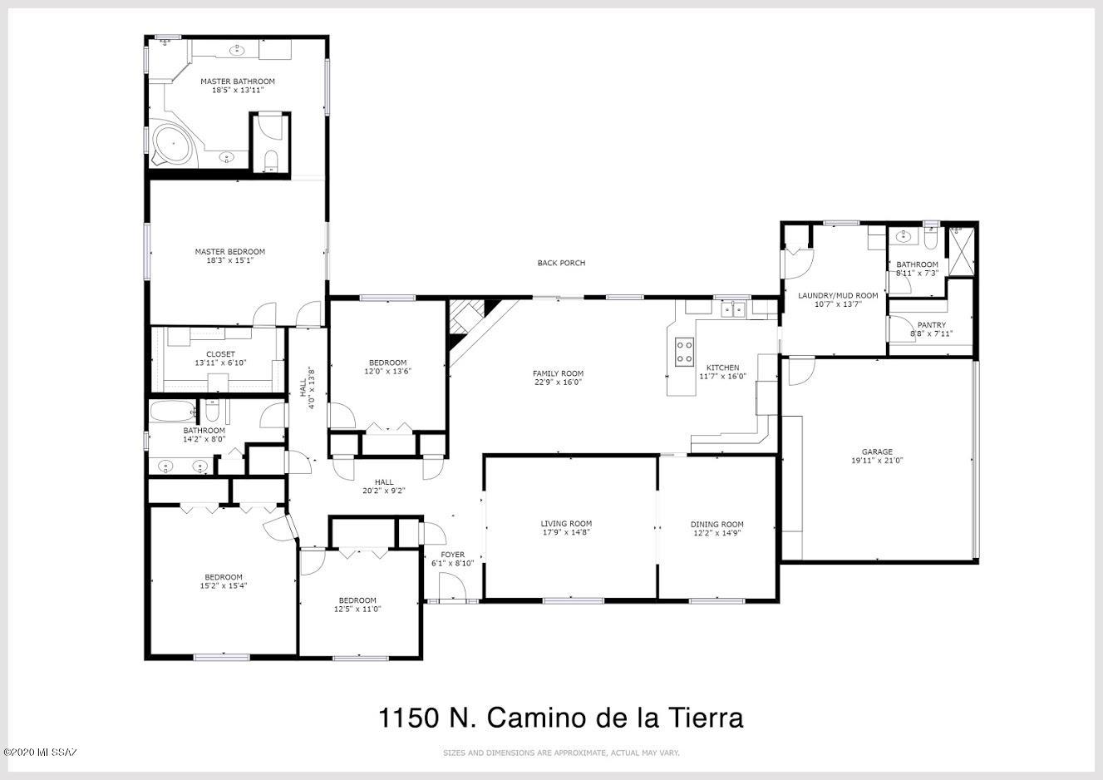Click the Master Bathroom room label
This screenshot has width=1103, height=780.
[238, 81]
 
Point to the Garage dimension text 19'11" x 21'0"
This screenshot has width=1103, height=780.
[877, 461]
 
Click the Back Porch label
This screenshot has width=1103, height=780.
[561, 263]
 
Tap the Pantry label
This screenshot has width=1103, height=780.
[931, 325]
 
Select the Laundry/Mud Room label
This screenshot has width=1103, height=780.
[838, 296]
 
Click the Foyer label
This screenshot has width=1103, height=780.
[452, 555]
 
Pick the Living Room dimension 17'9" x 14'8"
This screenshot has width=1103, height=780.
[566, 532]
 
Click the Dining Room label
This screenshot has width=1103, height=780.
[717, 524]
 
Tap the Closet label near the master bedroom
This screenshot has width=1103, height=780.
[220, 354]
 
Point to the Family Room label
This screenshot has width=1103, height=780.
[558, 373]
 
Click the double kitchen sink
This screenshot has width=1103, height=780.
[733, 309]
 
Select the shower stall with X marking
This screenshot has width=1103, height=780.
[961, 250]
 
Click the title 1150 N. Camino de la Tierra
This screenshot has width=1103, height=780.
[560, 718]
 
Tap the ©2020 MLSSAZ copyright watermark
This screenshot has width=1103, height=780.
[40, 753]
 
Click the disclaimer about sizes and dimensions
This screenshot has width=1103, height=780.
[561, 753]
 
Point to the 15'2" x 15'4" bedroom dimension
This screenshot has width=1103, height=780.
[223, 586]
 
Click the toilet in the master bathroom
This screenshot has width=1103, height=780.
[271, 160]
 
